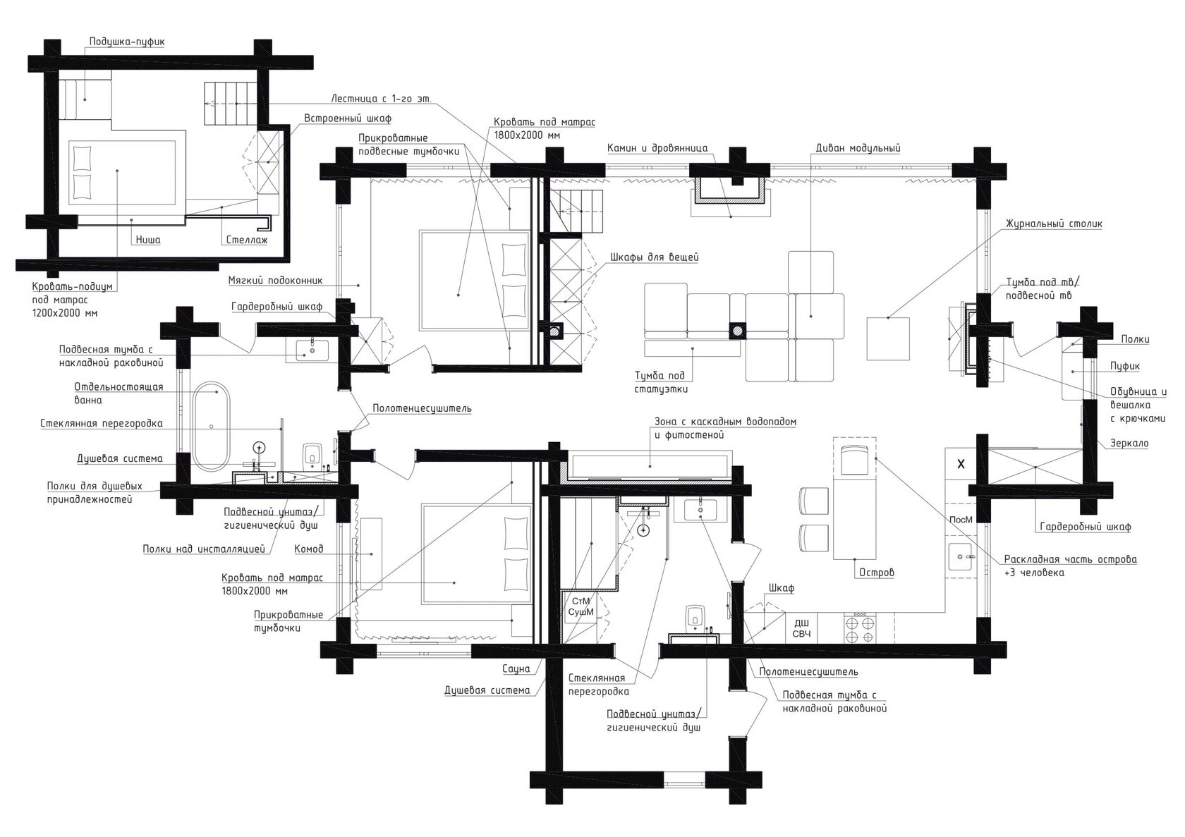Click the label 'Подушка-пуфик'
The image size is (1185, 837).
click(x=127, y=42)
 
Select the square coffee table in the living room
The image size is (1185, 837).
click(x=887, y=338)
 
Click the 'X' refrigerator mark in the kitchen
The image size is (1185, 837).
click(x=960, y=464)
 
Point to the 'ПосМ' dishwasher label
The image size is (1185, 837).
click(x=961, y=520)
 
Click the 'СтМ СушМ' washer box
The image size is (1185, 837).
click(x=581, y=607)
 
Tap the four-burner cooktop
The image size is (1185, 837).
click(x=861, y=628)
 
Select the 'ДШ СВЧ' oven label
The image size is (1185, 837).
click(x=801, y=628)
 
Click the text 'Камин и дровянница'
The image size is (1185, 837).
click(x=657, y=148)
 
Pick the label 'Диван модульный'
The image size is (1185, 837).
click(x=858, y=148)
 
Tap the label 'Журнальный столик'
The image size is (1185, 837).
click(x=1054, y=224)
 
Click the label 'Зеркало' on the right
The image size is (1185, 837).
click(x=1129, y=444)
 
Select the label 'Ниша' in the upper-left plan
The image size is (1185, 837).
click(x=147, y=240)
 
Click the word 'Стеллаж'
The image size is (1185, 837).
click(x=247, y=240)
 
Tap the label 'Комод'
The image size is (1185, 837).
click(x=309, y=549)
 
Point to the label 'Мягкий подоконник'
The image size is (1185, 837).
click(x=275, y=280)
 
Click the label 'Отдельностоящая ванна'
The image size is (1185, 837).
click(x=119, y=393)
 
